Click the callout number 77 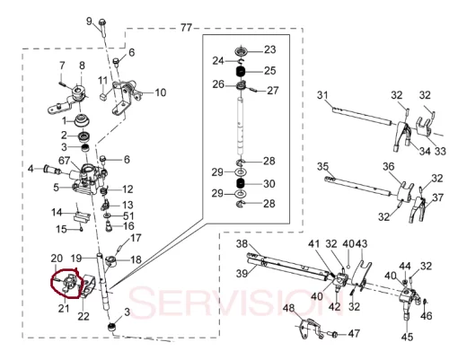(186, 28)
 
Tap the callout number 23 (269, 49)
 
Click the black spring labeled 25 (241, 72)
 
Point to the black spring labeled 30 (241, 183)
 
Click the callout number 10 (161, 92)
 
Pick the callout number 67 (64, 161)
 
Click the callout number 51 (128, 215)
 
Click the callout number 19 (76, 258)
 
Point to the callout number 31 (322, 95)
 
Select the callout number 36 (389, 166)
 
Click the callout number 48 (289, 308)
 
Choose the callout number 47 (354, 333)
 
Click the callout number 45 (407, 337)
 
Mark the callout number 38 (242, 244)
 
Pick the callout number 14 (57, 212)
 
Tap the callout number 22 (84, 316)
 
